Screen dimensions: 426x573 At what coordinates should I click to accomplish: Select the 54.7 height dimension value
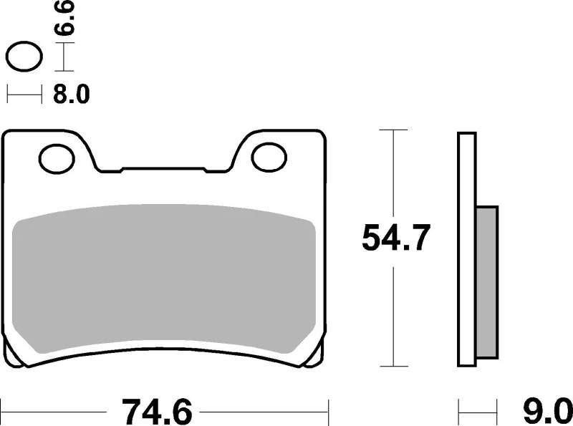[395, 238]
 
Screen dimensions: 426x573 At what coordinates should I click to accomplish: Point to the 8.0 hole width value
[71, 95]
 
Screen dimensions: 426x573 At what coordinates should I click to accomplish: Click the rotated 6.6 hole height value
[67, 19]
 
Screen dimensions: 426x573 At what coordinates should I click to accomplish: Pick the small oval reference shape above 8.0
[23, 56]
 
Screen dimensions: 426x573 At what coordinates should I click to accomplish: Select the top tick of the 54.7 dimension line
[392, 130]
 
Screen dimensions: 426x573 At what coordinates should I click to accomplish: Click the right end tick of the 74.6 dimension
[328, 412]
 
